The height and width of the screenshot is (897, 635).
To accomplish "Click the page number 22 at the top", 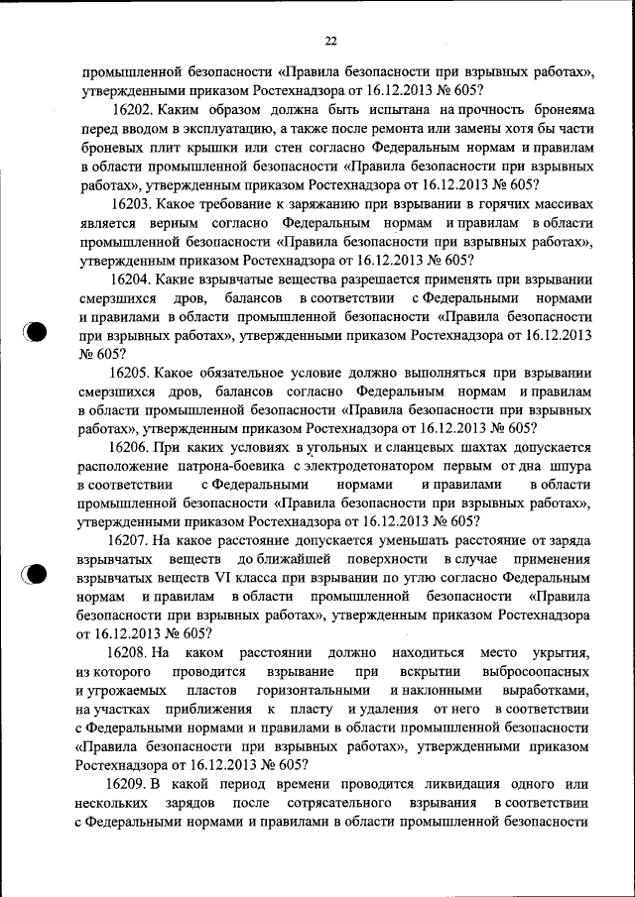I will pos(331,41).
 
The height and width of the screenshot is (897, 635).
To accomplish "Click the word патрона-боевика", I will pos(232,466).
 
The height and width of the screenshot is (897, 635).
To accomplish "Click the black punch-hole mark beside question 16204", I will pos(36,331).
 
